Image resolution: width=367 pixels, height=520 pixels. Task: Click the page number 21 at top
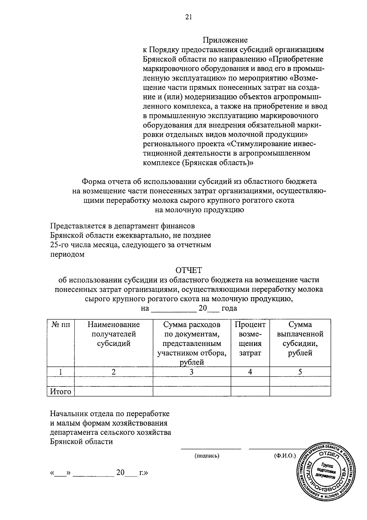click(188, 17)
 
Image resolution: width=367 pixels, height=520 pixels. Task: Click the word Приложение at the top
click(225, 40)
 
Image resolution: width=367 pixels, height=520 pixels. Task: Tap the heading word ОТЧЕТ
click(189, 270)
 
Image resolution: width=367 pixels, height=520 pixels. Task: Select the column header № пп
click(61, 325)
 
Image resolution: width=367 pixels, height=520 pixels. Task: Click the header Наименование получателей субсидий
click(113, 334)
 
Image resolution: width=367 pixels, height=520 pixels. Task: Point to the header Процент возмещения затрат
click(250, 339)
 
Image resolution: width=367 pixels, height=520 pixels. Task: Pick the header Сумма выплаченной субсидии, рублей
click(300, 339)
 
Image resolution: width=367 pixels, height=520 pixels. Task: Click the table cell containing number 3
click(191, 372)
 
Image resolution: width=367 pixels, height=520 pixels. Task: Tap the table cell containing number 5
click(300, 372)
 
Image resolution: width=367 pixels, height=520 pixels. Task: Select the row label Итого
click(61, 392)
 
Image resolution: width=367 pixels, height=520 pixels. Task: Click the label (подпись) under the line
click(207, 456)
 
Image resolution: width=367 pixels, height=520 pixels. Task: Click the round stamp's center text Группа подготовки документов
click(328, 472)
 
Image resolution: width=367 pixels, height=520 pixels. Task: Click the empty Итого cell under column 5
click(300, 392)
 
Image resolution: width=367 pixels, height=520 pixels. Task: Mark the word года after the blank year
click(229, 308)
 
